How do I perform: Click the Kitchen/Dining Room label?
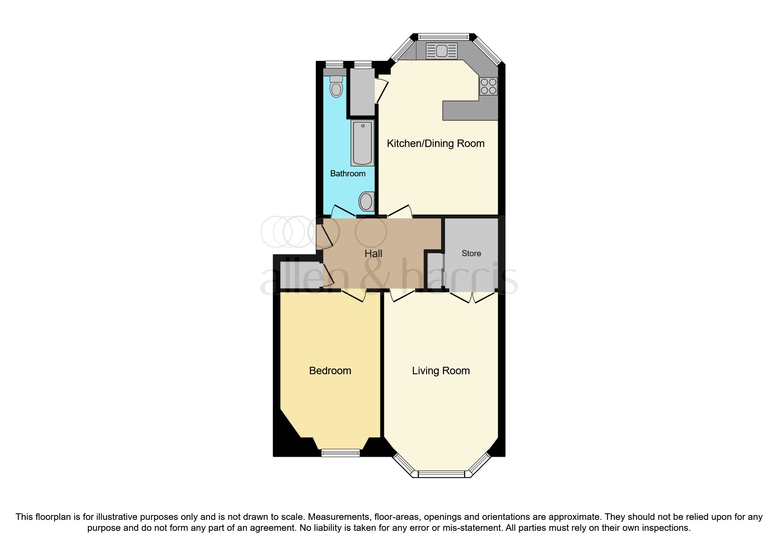[x=435, y=143]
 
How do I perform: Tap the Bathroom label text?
[x=347, y=174]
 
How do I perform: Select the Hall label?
[x=373, y=254]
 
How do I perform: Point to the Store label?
[x=471, y=254]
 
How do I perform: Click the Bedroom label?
[x=330, y=371]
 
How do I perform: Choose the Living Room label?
[x=441, y=371]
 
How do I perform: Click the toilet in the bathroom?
[x=337, y=87]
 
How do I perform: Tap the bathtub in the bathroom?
[x=362, y=143]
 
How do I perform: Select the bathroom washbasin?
[x=366, y=202]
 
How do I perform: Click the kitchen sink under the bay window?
[x=441, y=51]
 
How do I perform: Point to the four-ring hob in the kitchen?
[x=489, y=86]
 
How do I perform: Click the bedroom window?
[x=340, y=453]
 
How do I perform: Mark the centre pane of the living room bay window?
[x=441, y=474]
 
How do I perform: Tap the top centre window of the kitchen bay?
[x=443, y=36]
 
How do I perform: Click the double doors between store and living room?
[x=472, y=297]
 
